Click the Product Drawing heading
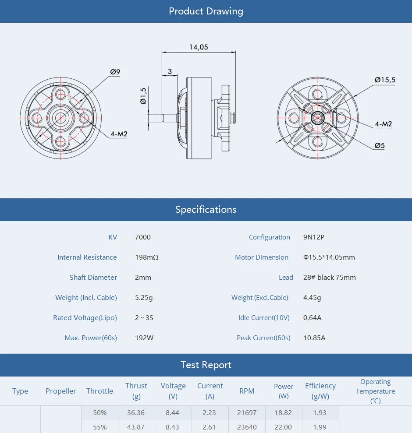(x=206, y=11)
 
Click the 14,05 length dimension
(x=199, y=47)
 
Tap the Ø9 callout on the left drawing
(x=115, y=72)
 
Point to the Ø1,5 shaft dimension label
(x=143, y=96)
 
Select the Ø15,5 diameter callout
(x=384, y=80)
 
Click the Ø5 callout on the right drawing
(x=379, y=145)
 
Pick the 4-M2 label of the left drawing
(x=118, y=134)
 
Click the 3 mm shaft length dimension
(x=170, y=71)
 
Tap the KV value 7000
(x=142, y=237)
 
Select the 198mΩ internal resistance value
(x=146, y=257)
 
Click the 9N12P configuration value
(x=313, y=237)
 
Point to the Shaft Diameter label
(x=93, y=278)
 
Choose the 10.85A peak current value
(x=314, y=338)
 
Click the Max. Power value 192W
(x=144, y=338)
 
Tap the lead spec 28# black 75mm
(x=329, y=278)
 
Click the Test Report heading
(x=206, y=365)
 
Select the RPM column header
(x=247, y=391)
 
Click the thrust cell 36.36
(x=136, y=413)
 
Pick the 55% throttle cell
(x=99, y=427)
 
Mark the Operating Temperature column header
(x=375, y=391)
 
